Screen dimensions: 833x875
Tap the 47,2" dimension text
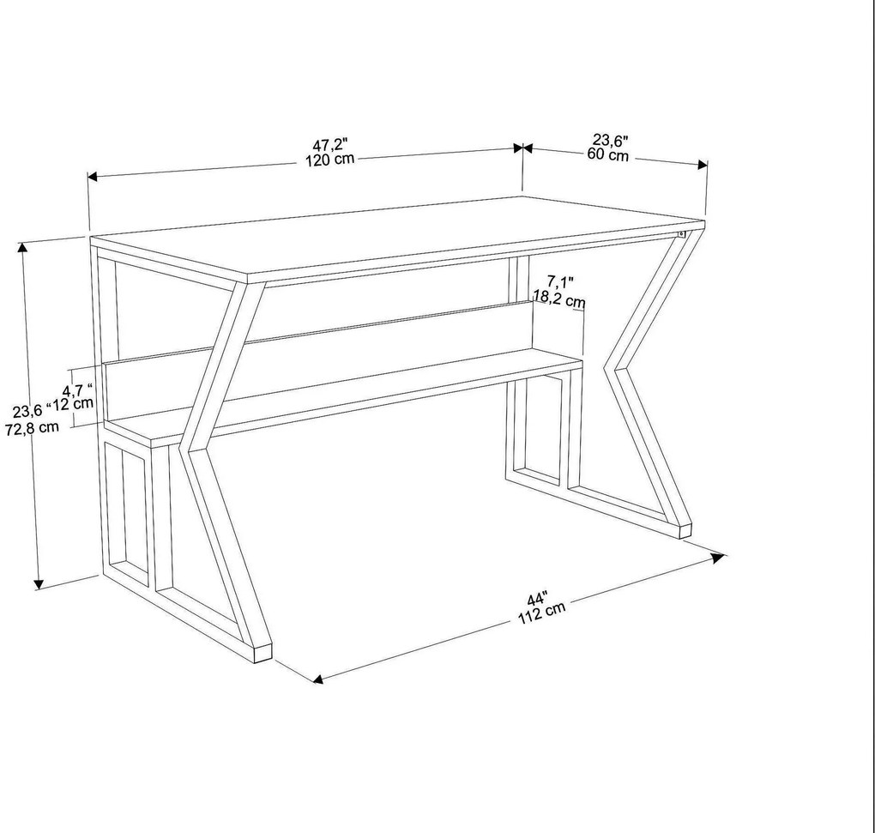[x=329, y=146]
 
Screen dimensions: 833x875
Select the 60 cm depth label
[x=607, y=155]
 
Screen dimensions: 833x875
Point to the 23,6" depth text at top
[x=610, y=140]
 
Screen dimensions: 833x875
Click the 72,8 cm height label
[x=33, y=427]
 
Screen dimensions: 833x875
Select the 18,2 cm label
[x=559, y=300]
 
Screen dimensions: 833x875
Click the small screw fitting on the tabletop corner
[x=681, y=232]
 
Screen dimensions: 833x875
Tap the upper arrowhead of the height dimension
[x=23, y=248]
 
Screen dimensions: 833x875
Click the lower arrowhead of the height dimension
[x=39, y=585]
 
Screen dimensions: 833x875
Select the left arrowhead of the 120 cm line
[x=94, y=177]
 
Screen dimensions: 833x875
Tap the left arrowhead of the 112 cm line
[x=317, y=679]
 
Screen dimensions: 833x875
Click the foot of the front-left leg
[x=262, y=653]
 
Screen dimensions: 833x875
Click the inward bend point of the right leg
[x=610, y=370]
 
